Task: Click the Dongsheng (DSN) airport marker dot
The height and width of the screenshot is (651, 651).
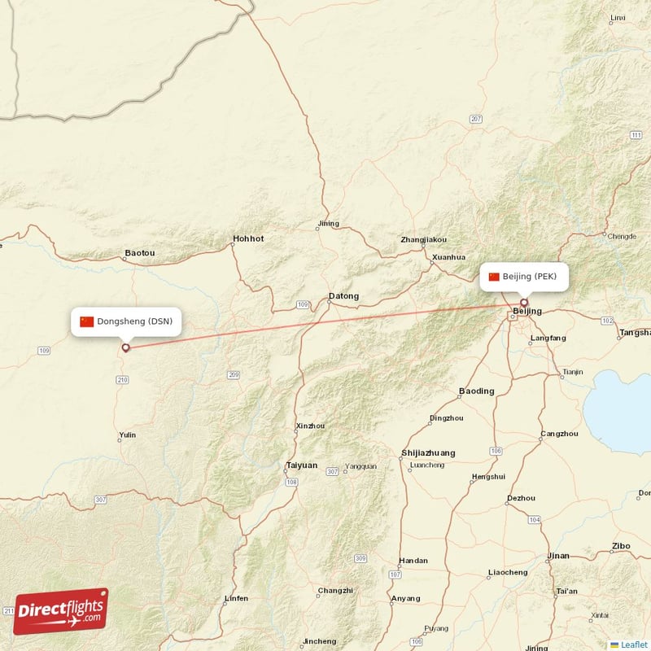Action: (125, 348)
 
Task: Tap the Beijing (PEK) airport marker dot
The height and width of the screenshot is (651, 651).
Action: (524, 303)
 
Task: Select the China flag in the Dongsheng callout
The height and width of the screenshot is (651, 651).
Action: (86, 321)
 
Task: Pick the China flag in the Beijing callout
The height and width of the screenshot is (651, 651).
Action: (494, 277)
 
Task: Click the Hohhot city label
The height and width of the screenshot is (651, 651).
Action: (248, 239)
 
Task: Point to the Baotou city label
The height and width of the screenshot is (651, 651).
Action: (139, 253)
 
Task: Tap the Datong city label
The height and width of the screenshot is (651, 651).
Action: (343, 295)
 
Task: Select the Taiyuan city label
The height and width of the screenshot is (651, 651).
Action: (301, 465)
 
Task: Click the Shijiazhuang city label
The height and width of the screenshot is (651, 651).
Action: (428, 453)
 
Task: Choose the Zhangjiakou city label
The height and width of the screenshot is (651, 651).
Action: (423, 240)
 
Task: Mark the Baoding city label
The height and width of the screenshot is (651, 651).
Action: (476, 391)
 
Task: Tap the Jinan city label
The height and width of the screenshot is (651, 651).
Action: (559, 556)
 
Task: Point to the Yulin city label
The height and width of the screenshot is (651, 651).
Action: (127, 435)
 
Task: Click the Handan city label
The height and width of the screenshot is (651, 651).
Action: (413, 561)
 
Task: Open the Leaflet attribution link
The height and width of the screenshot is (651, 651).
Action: (633, 644)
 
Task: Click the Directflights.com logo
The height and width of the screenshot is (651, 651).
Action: (61, 611)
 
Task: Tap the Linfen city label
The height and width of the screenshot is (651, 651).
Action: (236, 598)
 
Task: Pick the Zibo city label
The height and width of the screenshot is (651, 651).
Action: (621, 546)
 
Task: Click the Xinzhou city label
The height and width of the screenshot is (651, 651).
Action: (310, 426)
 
